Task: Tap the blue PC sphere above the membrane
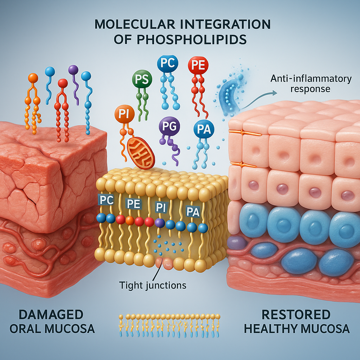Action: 167,64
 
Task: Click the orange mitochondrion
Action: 140,153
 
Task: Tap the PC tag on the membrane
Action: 107,200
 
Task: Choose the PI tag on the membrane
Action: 160,207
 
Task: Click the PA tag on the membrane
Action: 192,212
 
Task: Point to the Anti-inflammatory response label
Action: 311,83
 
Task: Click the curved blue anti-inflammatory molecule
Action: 229,95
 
